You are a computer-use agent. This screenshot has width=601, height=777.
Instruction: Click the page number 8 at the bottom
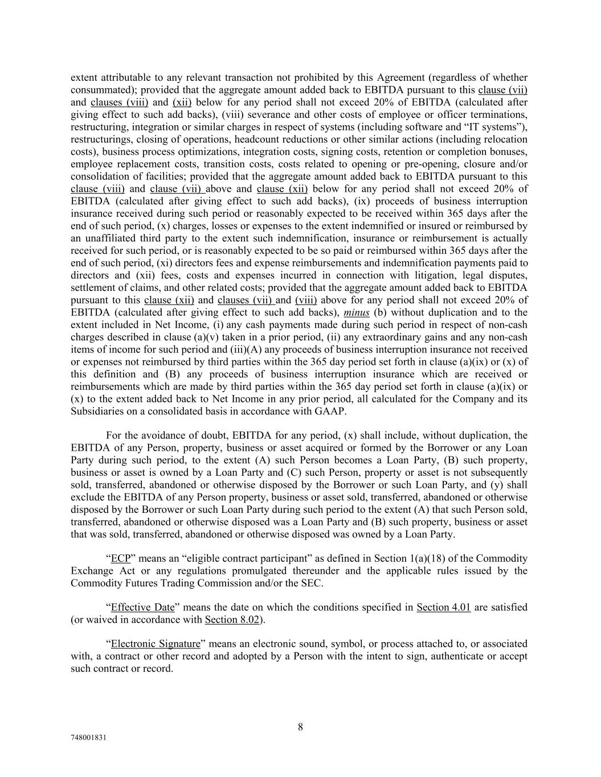[x=300, y=727]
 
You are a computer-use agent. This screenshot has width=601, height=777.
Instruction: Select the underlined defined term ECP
[x=121, y=558]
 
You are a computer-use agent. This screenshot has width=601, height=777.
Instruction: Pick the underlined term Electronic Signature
[x=156, y=644]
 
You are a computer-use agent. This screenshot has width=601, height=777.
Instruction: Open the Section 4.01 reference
[x=443, y=607]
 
